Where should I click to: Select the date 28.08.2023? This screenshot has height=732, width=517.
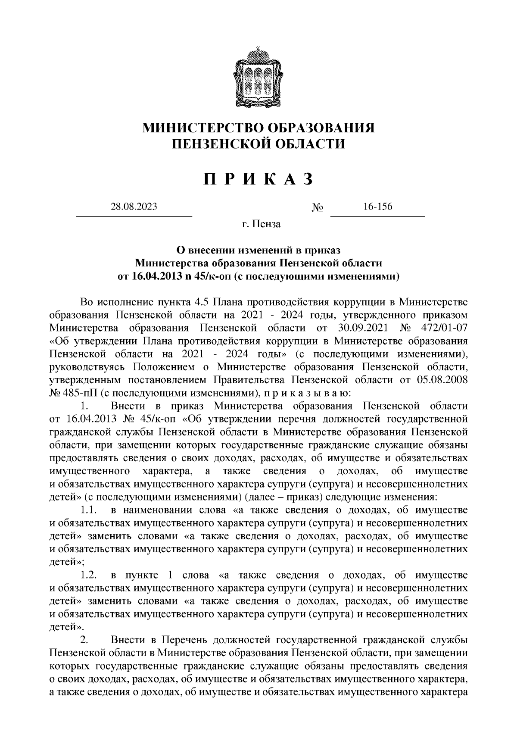[134, 206]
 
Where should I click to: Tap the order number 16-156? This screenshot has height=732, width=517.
[378, 206]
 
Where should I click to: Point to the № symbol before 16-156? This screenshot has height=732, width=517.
[318, 208]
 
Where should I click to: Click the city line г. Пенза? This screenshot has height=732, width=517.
[261, 224]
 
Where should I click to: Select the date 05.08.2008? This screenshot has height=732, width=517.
[442, 380]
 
